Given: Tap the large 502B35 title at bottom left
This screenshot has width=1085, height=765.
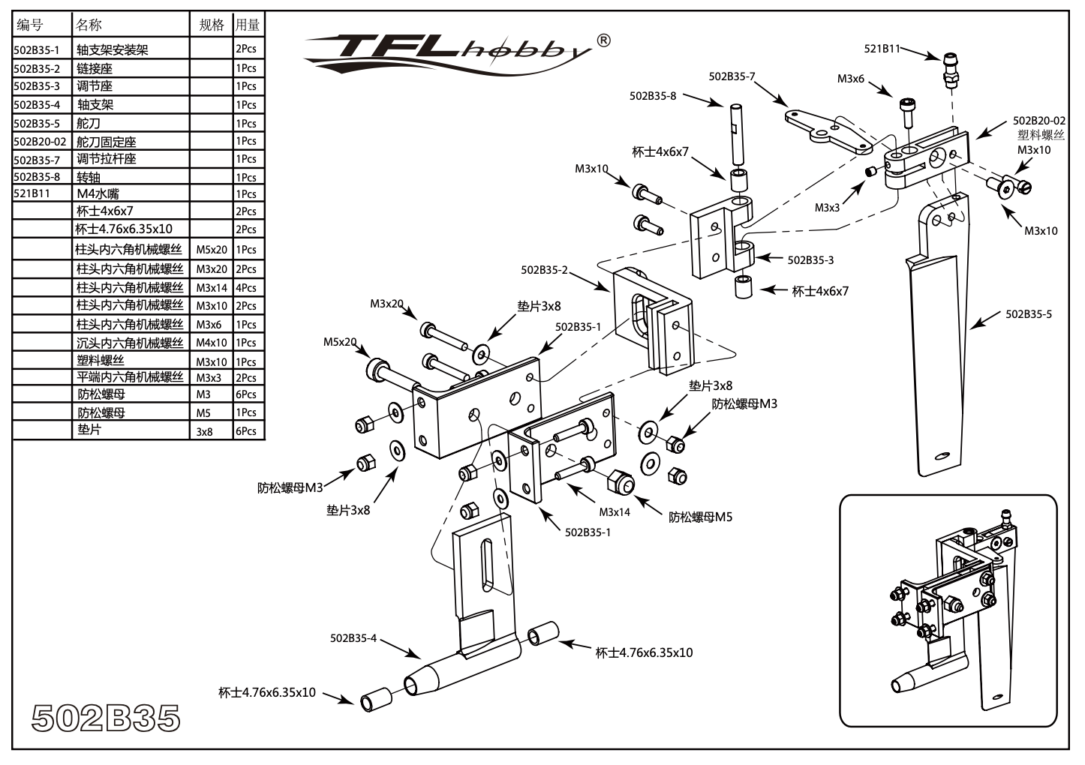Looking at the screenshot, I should [x=106, y=718].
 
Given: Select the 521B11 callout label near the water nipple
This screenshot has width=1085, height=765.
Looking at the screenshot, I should [x=882, y=48].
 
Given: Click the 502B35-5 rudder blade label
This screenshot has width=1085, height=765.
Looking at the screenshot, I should [x=1028, y=314].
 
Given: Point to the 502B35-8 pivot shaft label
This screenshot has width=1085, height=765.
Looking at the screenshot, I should [x=652, y=96].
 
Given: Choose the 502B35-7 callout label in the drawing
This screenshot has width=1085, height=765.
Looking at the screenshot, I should [x=732, y=76].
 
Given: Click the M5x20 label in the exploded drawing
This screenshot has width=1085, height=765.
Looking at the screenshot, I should [x=340, y=342].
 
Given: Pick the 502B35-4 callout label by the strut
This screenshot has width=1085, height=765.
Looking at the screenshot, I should [x=353, y=638].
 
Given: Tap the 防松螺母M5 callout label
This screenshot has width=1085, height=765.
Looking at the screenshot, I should [x=700, y=517].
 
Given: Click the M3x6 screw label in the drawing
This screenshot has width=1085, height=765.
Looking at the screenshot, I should [x=851, y=78].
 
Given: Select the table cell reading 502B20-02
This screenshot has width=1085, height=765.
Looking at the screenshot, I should [x=40, y=141].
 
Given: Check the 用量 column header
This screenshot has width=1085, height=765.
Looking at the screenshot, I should [x=248, y=25].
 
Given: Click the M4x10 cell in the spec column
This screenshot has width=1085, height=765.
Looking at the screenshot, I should [x=211, y=343].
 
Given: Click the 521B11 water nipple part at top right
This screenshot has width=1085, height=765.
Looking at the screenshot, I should [x=951, y=68].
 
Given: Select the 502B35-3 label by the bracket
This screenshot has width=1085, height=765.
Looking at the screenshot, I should [x=810, y=260].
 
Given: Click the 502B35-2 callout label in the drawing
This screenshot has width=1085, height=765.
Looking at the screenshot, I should [x=544, y=270].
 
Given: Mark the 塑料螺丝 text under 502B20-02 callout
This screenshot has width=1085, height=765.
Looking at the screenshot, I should [x=1041, y=135].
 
